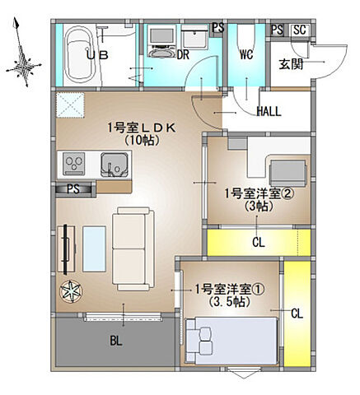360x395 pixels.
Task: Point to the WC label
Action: tap(245, 57)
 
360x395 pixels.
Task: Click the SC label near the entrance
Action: tap(300, 30)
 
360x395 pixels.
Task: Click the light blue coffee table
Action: tap(93, 246)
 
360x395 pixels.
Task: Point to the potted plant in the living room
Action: tap(70, 290)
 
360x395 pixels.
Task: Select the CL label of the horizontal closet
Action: tap(258, 242)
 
